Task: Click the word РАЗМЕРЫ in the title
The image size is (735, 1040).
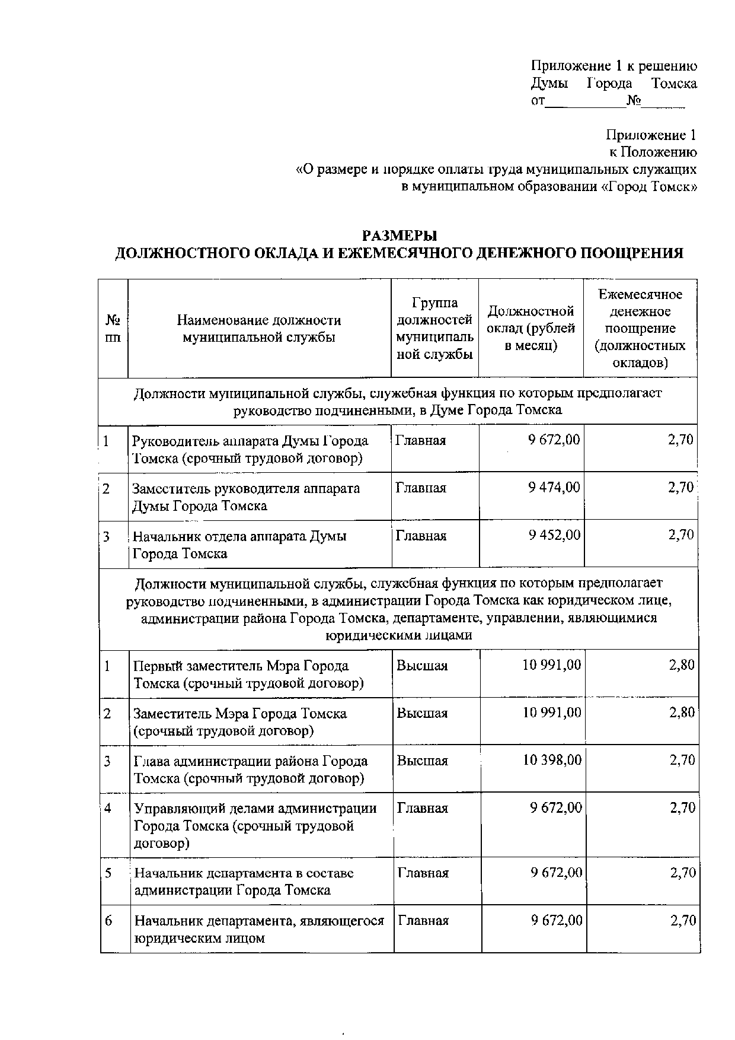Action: click(399, 236)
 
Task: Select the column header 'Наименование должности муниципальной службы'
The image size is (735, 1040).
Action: click(259, 329)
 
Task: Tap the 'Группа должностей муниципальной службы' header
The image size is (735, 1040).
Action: click(434, 329)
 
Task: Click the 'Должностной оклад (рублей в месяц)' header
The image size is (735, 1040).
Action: click(531, 329)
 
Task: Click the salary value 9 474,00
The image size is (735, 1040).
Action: click(554, 488)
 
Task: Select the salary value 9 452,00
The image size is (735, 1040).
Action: click(555, 535)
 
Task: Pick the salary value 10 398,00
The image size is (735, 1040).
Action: click(552, 760)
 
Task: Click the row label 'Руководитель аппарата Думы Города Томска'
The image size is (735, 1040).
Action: click(250, 449)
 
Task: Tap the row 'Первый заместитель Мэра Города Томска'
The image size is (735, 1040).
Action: click(249, 674)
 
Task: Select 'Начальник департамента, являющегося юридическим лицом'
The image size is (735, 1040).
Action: click(258, 929)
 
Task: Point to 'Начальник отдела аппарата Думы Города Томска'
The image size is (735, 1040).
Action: click(239, 545)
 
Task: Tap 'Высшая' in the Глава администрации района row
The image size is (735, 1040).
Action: click(422, 761)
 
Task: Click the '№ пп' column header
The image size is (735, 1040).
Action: click(113, 329)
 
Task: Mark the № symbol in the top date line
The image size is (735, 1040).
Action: click(634, 101)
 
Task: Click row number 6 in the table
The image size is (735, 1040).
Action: click(108, 921)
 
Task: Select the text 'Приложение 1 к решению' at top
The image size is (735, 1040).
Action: click(613, 66)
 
